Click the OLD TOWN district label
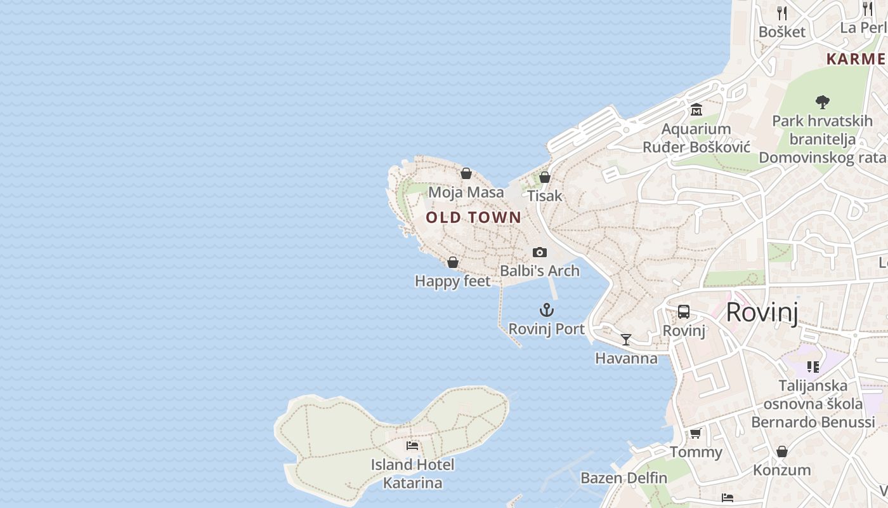tap(473, 218)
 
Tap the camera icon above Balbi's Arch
tap(540, 252)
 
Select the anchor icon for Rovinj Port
tap(546, 310)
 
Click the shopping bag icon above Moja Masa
tap(466, 173)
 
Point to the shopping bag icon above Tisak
tap(544, 177)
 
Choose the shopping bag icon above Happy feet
tap(453, 262)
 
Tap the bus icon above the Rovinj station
tap(683, 312)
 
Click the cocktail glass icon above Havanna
tap(626, 340)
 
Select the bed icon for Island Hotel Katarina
tap(412, 446)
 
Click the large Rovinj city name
tap(761, 312)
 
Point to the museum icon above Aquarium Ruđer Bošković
tap(696, 110)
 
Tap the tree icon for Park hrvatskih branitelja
tap(823, 102)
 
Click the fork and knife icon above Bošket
tap(782, 13)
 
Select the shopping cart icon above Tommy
tap(696, 434)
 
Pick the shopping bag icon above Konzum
tap(782, 451)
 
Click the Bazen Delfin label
tap(624, 478)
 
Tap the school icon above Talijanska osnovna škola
tap(813, 366)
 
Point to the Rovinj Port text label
tap(546, 329)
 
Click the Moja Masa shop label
tap(466, 192)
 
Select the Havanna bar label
tap(626, 358)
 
